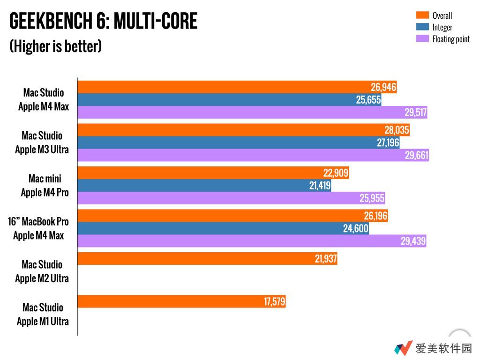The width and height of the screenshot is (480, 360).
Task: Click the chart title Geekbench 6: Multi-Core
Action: point(104,22)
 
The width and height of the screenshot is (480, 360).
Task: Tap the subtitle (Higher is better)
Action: point(56,46)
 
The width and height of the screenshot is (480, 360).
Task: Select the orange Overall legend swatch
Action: point(422,15)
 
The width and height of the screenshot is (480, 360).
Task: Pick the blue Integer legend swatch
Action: point(422,27)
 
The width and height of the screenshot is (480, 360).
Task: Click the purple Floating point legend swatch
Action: point(422,38)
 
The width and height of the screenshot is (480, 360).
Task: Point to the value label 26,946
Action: point(383,87)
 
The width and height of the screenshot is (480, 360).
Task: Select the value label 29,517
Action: point(415,112)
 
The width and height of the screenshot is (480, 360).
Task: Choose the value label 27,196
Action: point(388,143)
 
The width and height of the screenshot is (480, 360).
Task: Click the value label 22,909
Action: point(336,173)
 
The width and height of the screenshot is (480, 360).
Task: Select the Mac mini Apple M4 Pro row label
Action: point(45,186)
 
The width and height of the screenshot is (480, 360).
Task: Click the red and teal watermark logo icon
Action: point(403,348)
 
